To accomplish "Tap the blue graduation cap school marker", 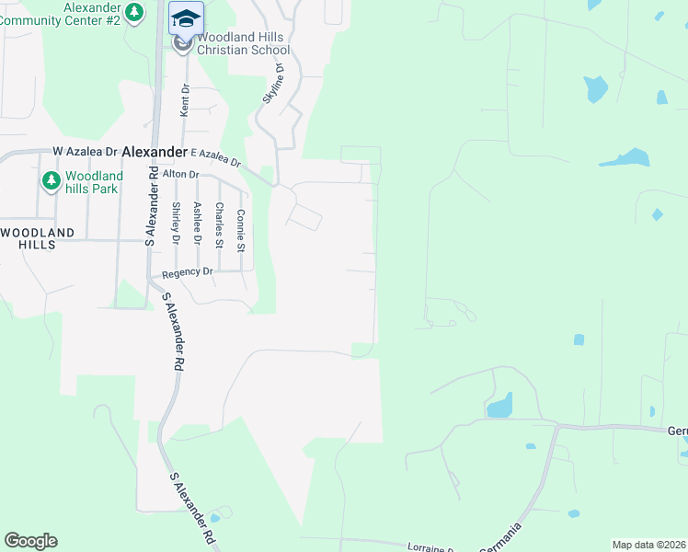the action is [185, 18].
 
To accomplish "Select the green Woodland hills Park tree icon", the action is [51, 180].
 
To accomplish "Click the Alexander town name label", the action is [154, 152].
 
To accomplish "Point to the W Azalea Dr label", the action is [86, 151].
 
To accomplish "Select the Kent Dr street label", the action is [185, 100].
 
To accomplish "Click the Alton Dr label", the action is [180, 174].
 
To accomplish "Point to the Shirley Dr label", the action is [175, 224].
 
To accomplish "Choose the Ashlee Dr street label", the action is [197, 224].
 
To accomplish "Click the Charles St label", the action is [219, 225].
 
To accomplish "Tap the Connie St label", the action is [241, 230].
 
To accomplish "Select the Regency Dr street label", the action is [187, 273].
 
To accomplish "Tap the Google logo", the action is [30, 541].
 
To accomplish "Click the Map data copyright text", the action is [648, 545].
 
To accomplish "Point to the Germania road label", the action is [504, 537].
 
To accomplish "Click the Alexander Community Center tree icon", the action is [135, 13].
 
